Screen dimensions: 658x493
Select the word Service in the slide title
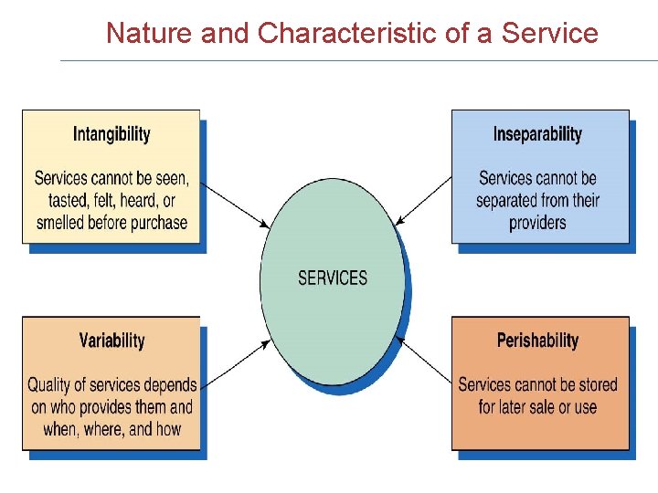550,34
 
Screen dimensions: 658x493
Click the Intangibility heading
111,135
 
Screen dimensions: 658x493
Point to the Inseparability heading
537,135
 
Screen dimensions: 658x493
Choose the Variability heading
111,341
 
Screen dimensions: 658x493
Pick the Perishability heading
537,341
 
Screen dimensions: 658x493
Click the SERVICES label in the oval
333,278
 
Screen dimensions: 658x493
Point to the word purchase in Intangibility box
155,223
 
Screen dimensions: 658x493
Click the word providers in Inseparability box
537,223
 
